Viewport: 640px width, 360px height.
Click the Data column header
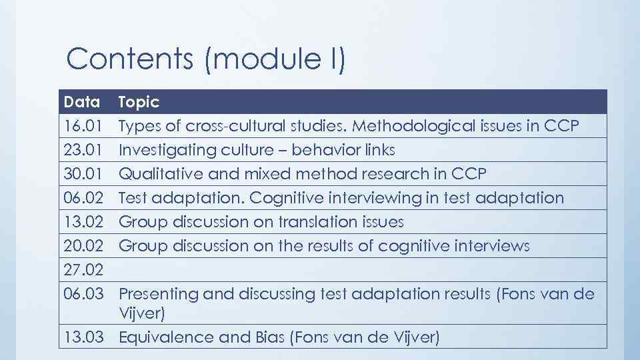coord(82,102)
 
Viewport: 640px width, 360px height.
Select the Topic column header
coord(139,102)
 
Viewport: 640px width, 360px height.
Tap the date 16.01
coord(82,126)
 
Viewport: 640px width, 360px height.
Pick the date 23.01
coord(82,150)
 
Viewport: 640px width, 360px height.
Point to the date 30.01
coord(82,174)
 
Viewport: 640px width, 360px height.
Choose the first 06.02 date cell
coord(82,198)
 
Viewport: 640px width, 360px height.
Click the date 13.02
coord(82,222)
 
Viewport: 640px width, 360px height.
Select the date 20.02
coord(82,246)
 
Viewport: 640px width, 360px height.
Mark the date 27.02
coord(82,270)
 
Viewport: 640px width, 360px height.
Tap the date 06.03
coord(82,294)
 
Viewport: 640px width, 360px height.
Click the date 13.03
coord(82,338)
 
